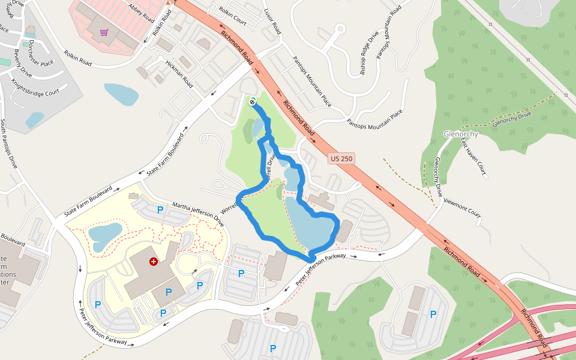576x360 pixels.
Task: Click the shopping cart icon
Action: coord(104,32)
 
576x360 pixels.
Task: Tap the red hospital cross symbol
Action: coord(154,262)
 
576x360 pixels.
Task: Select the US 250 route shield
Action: coord(341,159)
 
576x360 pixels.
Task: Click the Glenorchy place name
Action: coord(461,133)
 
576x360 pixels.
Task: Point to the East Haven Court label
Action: coord(473,159)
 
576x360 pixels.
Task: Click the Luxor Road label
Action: coord(272,20)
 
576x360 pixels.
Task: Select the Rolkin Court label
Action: coord(233,17)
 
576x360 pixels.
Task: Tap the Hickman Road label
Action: coord(179,71)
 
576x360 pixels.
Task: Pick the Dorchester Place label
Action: coord(41,53)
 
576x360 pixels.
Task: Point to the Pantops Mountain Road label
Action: coord(388,33)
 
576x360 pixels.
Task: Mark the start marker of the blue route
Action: coord(253,101)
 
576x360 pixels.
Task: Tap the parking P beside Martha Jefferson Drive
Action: coord(160,210)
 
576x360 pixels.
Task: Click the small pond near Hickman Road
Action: coord(121,94)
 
